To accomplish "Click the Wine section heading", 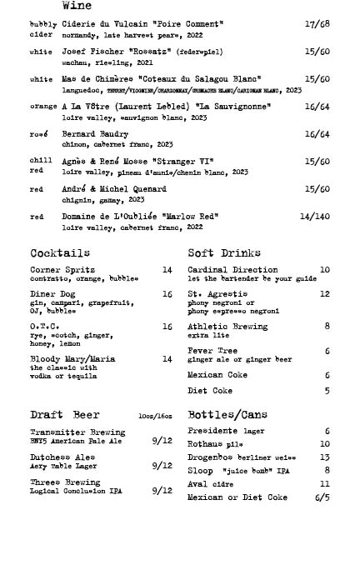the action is pyautogui.click(x=77, y=6).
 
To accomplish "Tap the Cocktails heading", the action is pyautogui.click(x=60, y=252).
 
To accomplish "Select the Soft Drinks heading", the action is pyautogui.click(x=224, y=252).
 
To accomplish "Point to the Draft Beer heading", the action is pyautogui.click(x=64, y=415).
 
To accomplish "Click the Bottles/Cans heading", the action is pyautogui.click(x=227, y=415).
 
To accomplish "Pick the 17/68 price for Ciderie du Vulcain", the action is pyautogui.click(x=317, y=24).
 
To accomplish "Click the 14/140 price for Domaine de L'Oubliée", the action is pyautogui.click(x=314, y=217).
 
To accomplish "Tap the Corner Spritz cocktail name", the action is pyautogui.click(x=62, y=270).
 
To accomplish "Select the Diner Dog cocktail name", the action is pyautogui.click(x=54, y=294).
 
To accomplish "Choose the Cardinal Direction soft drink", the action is pyautogui.click(x=232, y=270).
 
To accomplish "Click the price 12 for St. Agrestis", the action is pyautogui.click(x=324, y=294).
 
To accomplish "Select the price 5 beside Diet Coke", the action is pyautogui.click(x=327, y=391).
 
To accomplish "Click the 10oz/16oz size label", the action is pyautogui.click(x=155, y=416).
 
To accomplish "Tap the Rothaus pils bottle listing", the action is pyautogui.click(x=215, y=444).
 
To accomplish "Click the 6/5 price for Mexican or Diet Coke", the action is pyautogui.click(x=322, y=497).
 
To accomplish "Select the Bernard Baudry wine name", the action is pyautogui.click(x=95, y=134).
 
